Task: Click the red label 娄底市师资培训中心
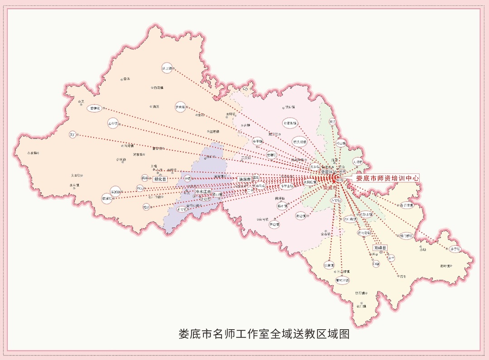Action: coord(388,178)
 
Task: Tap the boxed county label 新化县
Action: coord(160,179)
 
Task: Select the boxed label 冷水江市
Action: coord(204,192)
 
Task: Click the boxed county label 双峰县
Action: coord(380,248)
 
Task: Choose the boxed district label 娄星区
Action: coord(327,173)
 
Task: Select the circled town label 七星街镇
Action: coord(290,123)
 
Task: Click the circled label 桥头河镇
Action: coord(300,141)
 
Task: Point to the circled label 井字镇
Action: coord(455,249)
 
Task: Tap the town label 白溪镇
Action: coord(158,87)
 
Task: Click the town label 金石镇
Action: coord(326,234)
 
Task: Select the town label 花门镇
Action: coord(361,307)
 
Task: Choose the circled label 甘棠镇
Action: coord(329,264)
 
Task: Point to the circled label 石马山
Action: coord(259,186)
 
